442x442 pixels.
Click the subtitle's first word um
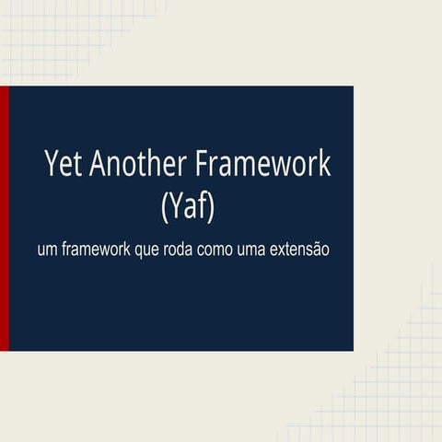point(46,250)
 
